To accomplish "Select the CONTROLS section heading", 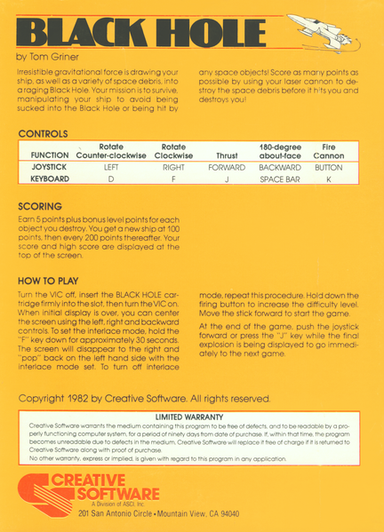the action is coord(43,133).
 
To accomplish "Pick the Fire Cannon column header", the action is coord(328,150).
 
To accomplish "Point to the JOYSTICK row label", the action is coord(46,166).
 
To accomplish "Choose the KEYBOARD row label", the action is coord(46,179).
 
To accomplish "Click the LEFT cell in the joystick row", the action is coord(111,166).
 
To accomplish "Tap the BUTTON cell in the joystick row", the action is coord(328,166).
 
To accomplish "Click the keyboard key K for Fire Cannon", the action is coord(328,179).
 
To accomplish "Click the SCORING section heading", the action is coord(40,206).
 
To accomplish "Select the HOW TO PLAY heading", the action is coord(50,280).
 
